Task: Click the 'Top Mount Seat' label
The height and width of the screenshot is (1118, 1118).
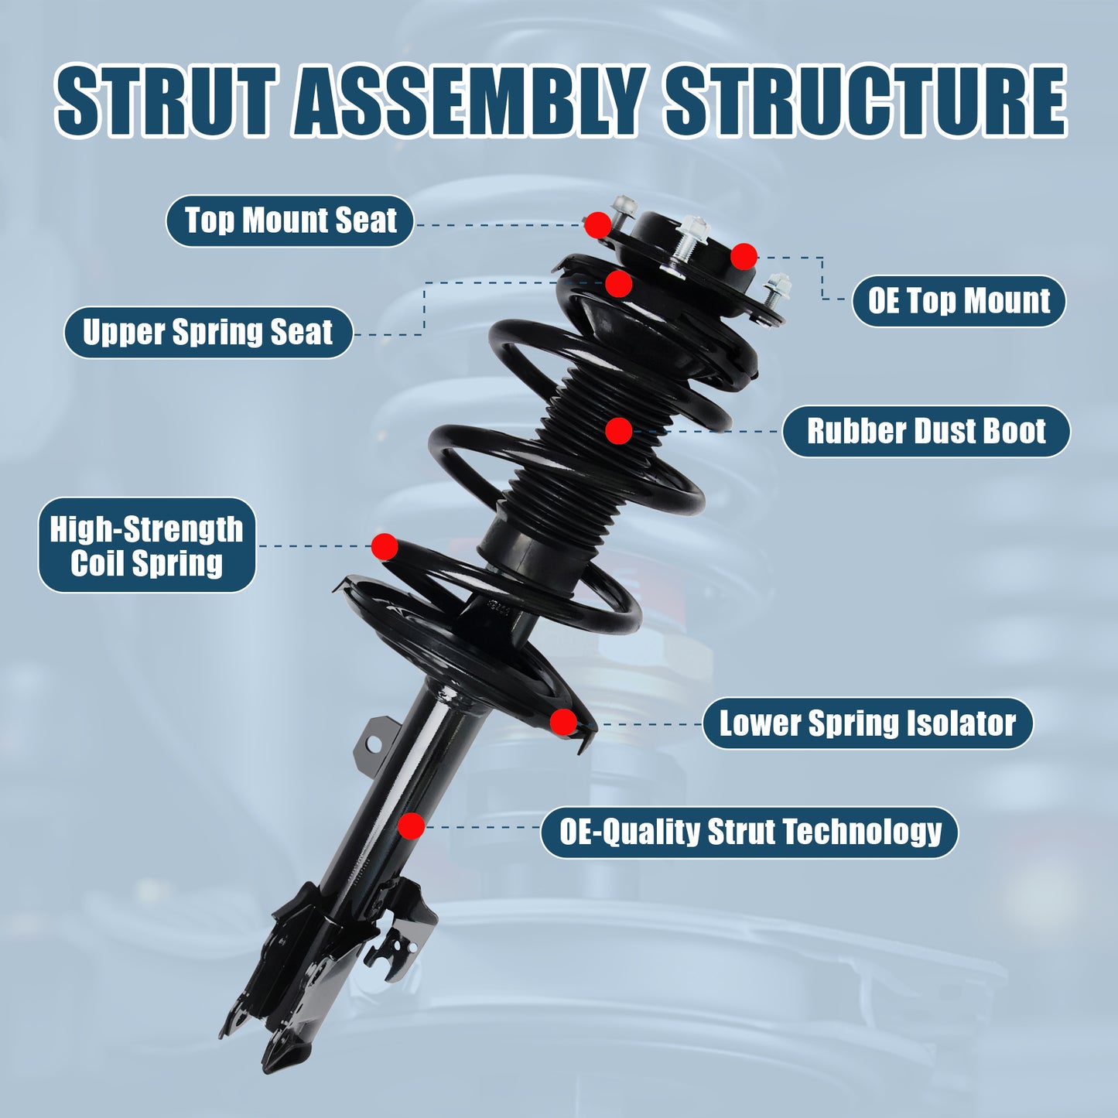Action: point(290,221)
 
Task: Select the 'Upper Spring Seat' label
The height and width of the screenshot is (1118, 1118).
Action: point(207,333)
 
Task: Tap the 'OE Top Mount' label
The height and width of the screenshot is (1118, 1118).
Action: point(959,301)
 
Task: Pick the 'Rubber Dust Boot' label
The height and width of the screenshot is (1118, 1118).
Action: point(925,431)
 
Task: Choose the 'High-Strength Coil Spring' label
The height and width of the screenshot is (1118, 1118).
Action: point(147,545)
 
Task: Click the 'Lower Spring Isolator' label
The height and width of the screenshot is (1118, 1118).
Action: point(867,723)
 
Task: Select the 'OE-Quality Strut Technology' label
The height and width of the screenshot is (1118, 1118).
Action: point(749,833)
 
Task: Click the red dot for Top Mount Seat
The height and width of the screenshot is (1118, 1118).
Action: point(597,225)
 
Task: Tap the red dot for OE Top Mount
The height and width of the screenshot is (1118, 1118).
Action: point(744,257)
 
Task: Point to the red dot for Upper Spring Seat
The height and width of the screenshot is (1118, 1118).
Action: point(618,284)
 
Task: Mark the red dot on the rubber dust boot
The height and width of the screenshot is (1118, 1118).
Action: point(618,431)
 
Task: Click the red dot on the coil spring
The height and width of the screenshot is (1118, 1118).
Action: point(385,546)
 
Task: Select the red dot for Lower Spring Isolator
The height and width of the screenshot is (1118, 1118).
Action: point(563,722)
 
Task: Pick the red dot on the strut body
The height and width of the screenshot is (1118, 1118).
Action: point(412,826)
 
